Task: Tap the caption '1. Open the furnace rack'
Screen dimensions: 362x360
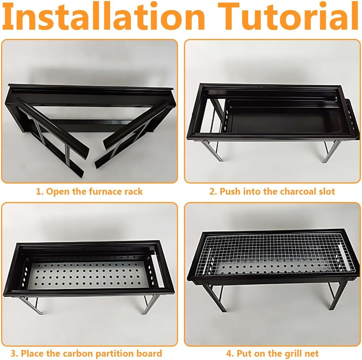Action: pos(89,192)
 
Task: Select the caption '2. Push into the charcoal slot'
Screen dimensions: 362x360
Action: pos(272,192)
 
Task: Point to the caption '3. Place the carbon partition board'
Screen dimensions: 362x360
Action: pos(86,354)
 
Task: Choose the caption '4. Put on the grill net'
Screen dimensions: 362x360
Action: pos(272,354)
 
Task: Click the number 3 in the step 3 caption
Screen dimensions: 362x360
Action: pos(13,354)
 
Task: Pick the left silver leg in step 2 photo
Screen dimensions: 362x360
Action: pos(211,151)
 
